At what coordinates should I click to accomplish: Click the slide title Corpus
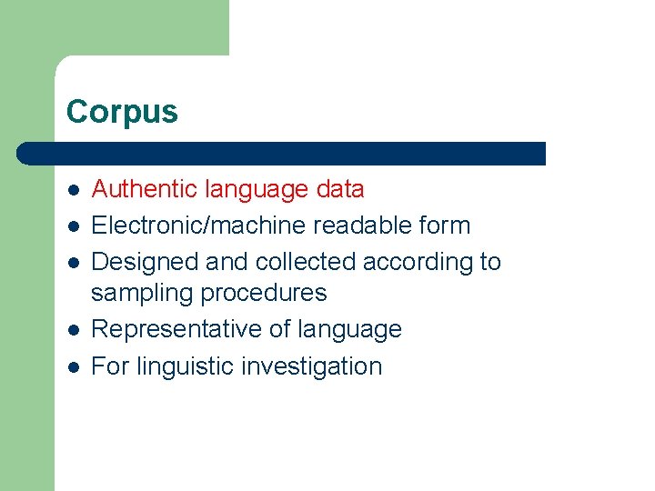[x=122, y=112]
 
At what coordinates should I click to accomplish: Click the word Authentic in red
[x=145, y=189]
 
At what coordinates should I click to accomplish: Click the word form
[x=446, y=225]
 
